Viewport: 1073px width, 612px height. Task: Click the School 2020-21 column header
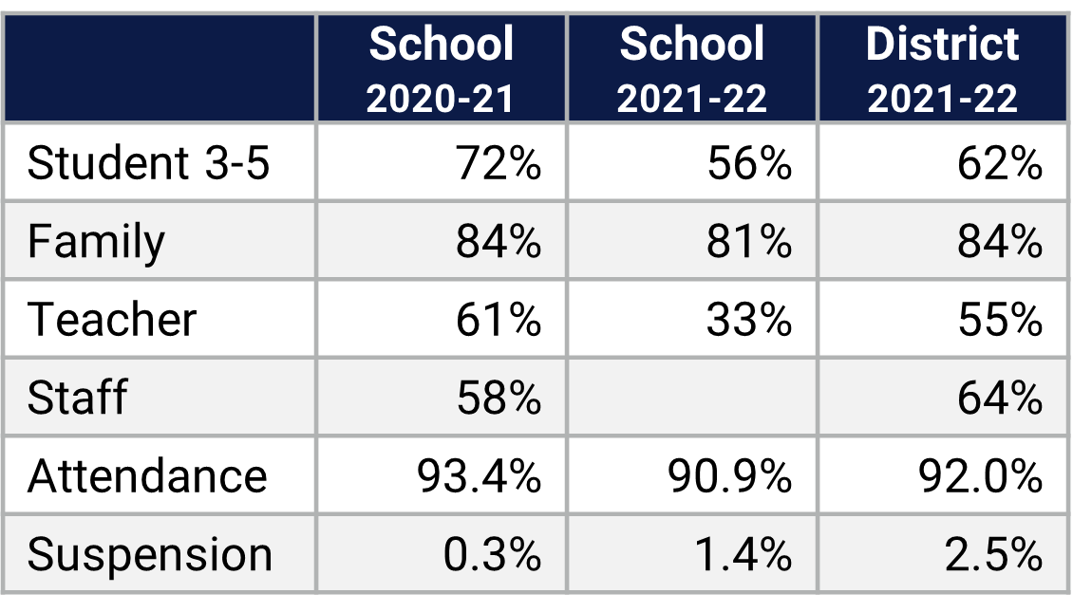[x=441, y=68]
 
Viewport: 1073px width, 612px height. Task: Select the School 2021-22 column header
[x=691, y=68]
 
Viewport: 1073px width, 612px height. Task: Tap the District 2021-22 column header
[x=942, y=68]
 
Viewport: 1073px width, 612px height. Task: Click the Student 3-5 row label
[x=149, y=163]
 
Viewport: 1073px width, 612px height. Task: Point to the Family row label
[x=96, y=241]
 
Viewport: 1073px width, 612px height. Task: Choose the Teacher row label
[x=112, y=319]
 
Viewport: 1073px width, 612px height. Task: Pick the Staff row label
[x=77, y=397]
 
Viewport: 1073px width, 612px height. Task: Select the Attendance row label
[x=147, y=474]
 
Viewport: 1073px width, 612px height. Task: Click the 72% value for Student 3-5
[x=498, y=163]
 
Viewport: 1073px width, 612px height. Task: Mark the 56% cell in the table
[x=748, y=163]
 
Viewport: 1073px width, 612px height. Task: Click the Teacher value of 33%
[x=748, y=319]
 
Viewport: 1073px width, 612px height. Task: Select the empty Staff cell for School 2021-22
[x=691, y=397]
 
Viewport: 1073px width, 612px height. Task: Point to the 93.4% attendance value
[x=479, y=474]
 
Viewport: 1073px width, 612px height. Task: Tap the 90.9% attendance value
[x=729, y=474]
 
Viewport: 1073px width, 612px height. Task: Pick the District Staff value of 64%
[x=999, y=397]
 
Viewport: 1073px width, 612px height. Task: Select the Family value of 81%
[x=748, y=241]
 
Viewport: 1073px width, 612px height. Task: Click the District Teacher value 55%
[x=999, y=319]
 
